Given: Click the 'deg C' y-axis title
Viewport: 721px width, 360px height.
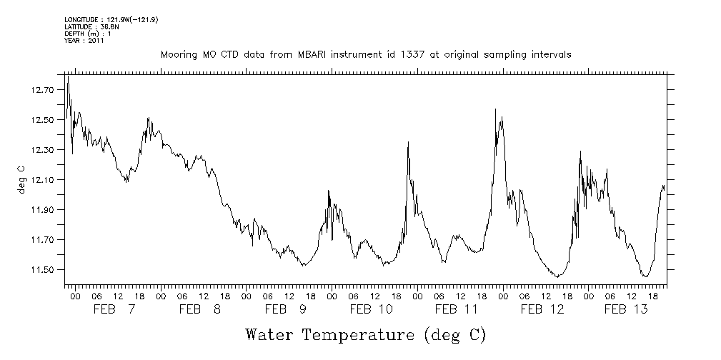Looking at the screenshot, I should click(21, 179).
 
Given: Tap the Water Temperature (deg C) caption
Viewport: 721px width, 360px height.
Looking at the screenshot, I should click(365, 334).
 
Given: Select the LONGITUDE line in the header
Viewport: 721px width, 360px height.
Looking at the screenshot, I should click(111, 19).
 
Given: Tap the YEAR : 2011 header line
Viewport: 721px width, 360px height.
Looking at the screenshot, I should click(84, 41).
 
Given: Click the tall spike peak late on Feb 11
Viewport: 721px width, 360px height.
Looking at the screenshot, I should click(495, 109).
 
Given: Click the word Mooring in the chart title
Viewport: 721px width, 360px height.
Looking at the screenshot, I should click(179, 55).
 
